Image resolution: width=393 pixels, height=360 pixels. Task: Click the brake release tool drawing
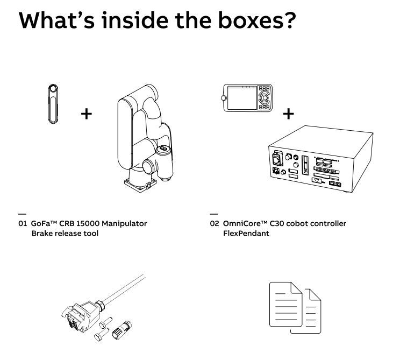click(53, 104)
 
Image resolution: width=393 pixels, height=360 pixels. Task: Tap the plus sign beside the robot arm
click(87, 114)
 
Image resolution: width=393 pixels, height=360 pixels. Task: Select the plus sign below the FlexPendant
click(289, 114)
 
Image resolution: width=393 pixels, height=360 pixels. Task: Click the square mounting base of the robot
click(140, 185)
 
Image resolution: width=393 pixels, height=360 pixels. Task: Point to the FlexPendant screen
click(242, 98)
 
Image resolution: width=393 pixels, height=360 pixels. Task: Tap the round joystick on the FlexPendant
click(265, 97)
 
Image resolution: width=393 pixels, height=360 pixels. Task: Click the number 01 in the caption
click(22, 223)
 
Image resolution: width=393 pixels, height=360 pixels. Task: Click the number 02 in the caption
click(215, 223)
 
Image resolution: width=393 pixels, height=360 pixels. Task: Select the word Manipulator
click(124, 223)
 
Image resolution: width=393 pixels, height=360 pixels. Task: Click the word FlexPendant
click(246, 234)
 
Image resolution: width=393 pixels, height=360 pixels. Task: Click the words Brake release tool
click(65, 234)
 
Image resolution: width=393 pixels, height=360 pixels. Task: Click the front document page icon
click(285, 305)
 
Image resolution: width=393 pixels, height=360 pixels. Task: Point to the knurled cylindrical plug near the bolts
click(122, 330)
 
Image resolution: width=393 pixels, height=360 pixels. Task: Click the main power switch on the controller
click(277, 159)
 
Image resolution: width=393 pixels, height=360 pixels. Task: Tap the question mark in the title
click(290, 20)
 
